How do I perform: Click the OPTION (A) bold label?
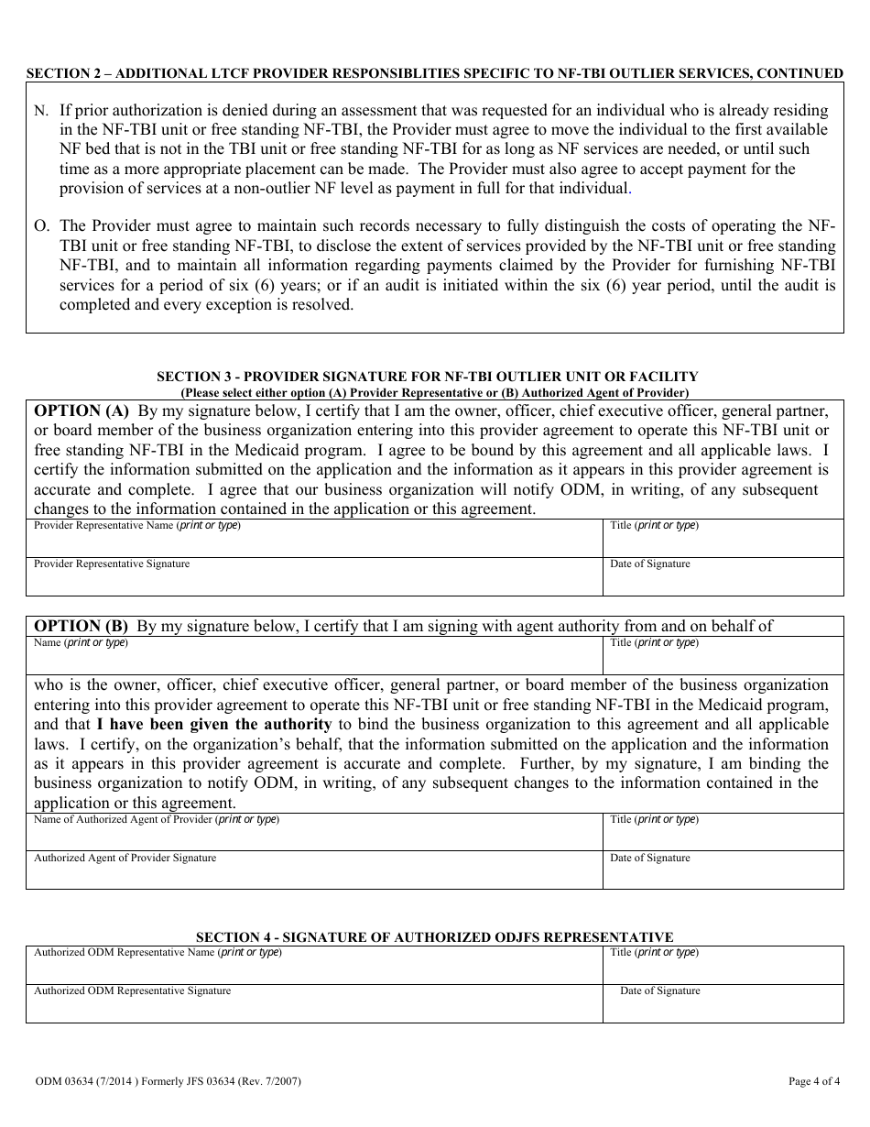82,411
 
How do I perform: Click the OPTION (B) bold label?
82,627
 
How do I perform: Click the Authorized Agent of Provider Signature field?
314,873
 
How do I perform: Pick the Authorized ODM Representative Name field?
314,968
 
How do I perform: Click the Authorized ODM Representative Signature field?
314,1007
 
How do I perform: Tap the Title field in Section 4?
723,968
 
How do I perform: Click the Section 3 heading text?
427,377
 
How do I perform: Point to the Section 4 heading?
435,937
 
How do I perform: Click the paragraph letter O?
41,226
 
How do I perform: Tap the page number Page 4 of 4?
814,1081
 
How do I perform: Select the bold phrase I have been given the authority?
214,725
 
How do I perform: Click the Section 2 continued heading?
434,73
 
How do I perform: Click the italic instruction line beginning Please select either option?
434,393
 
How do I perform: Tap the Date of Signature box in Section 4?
723,1007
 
